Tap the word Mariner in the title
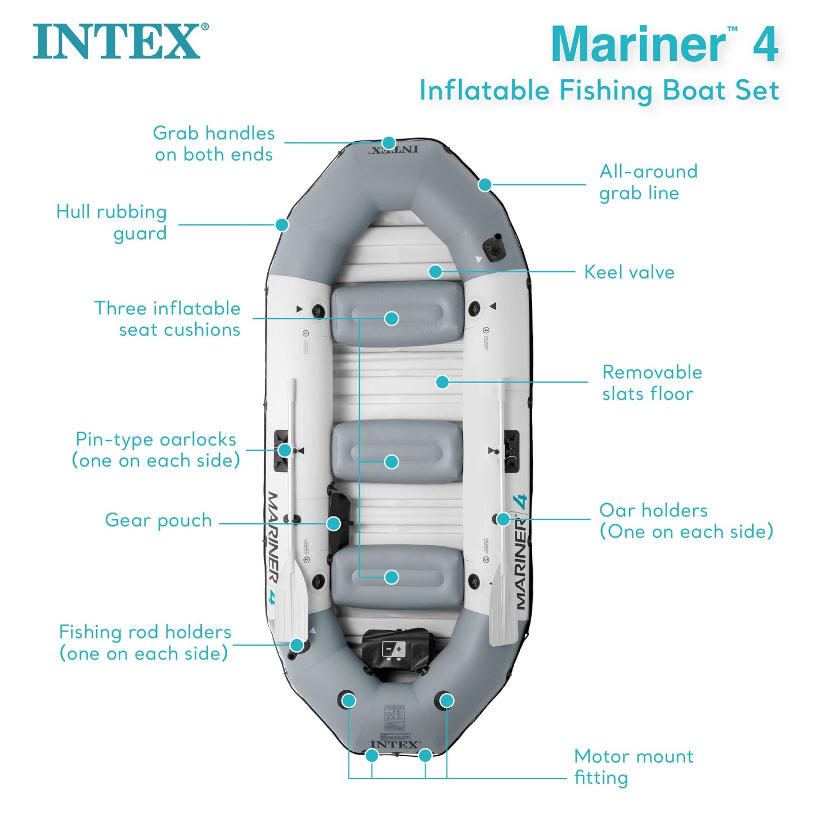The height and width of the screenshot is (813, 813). (x=639, y=44)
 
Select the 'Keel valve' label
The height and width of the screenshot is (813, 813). (x=629, y=272)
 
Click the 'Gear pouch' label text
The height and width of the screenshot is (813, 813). (x=158, y=520)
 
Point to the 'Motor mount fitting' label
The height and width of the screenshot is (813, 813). (x=634, y=766)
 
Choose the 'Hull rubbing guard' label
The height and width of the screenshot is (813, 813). (x=112, y=222)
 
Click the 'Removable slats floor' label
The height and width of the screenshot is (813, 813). (x=652, y=383)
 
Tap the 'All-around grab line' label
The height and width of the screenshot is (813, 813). (x=648, y=182)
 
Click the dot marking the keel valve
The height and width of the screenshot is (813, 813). (x=435, y=272)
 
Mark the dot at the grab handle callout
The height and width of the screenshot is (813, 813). (x=389, y=143)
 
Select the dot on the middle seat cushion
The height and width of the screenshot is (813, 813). (x=392, y=462)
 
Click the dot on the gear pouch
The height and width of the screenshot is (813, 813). (x=334, y=524)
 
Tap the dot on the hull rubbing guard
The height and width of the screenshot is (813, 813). (x=282, y=224)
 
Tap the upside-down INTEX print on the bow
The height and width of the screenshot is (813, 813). (x=394, y=150)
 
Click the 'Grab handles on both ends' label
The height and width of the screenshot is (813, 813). (x=214, y=143)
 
